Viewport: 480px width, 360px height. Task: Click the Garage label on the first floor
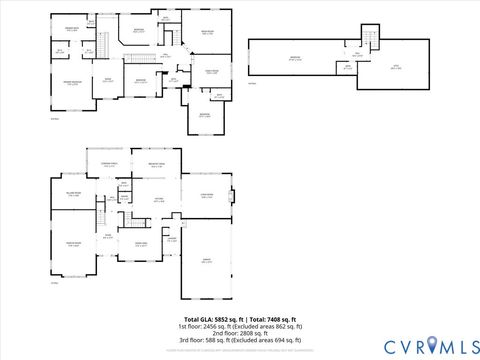pos(207,261)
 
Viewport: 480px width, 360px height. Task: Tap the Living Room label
pos(207,196)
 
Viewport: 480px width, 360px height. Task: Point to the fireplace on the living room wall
pos(233,195)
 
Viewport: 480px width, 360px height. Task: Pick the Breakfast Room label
pos(157,165)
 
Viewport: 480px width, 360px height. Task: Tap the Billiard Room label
pos(73,194)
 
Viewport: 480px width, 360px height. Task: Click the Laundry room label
pos(171,239)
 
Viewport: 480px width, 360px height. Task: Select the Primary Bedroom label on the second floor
pos(72,82)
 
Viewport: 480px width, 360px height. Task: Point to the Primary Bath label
pos(72,30)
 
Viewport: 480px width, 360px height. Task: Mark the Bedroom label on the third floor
pos(295,58)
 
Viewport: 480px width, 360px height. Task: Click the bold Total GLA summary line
pos(239,318)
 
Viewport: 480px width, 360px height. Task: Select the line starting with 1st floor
pos(239,326)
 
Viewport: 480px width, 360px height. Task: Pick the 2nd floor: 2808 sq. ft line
pos(239,333)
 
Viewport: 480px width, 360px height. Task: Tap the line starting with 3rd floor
pos(239,340)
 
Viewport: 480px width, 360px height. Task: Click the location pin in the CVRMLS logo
pos(431,346)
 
